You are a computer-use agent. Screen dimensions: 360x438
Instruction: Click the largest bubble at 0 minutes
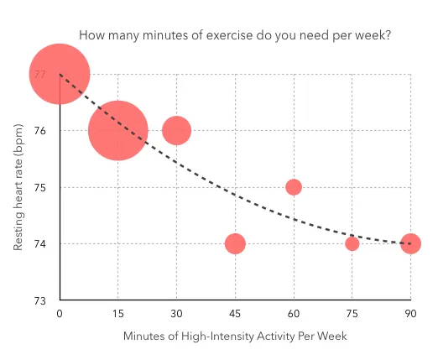tap(60, 74)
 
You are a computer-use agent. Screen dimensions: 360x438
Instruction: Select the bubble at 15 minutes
tap(118, 131)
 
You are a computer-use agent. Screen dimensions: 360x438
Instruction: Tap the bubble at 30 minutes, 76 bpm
tap(176, 131)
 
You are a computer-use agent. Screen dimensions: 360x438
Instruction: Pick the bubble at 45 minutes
tap(235, 243)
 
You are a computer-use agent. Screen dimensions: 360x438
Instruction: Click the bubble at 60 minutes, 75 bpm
tap(294, 187)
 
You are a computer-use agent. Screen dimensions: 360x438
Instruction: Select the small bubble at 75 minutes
tap(352, 243)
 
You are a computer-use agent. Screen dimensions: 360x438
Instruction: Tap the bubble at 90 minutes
tap(410, 243)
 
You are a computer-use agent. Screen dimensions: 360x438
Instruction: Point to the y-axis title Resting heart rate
tap(18, 186)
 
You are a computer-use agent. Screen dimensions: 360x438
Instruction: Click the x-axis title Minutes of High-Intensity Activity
tap(235, 336)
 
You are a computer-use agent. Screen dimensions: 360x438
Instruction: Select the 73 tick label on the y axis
tap(39, 300)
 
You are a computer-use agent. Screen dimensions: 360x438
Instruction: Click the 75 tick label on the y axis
tap(39, 187)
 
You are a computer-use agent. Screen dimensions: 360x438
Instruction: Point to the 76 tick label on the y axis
tap(39, 131)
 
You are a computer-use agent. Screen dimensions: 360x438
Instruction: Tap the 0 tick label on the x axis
tap(60, 314)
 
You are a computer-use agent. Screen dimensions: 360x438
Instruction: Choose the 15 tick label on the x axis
tap(118, 314)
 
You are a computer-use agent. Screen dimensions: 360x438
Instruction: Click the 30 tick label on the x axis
tap(176, 314)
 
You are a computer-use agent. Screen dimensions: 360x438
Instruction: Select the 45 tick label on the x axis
tap(235, 314)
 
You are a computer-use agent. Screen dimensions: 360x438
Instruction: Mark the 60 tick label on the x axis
tap(294, 314)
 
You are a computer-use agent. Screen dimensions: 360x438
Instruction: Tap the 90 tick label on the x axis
tap(410, 314)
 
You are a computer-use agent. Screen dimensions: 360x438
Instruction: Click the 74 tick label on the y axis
tap(39, 243)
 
